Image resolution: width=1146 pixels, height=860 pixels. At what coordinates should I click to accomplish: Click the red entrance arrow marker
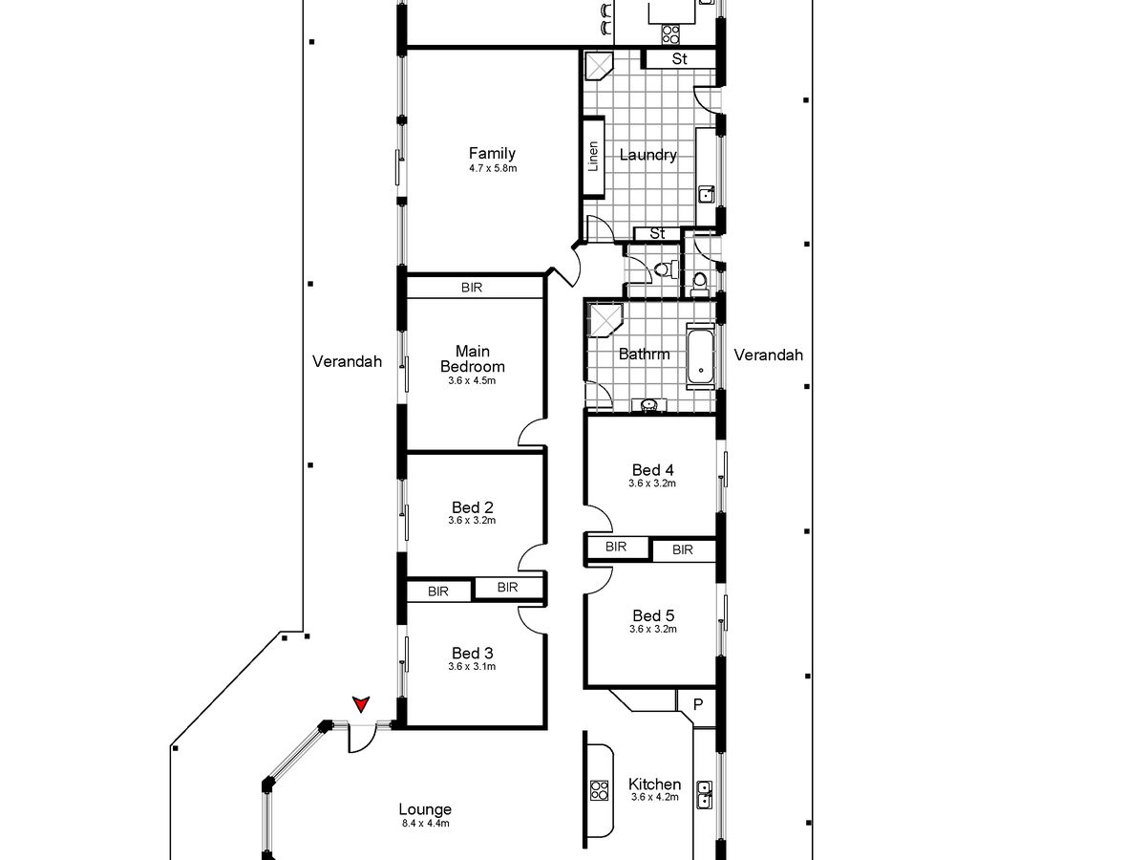(361, 704)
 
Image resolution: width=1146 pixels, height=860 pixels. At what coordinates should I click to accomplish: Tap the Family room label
(492, 153)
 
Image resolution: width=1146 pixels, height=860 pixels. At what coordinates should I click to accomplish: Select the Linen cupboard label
(593, 157)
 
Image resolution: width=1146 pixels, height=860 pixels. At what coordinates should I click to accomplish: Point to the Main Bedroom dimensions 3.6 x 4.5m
(472, 380)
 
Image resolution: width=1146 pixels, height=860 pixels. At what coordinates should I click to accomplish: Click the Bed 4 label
(652, 469)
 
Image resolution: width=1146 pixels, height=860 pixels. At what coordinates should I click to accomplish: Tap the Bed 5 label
(653, 615)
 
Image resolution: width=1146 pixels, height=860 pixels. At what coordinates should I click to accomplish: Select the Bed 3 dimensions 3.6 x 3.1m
(472, 666)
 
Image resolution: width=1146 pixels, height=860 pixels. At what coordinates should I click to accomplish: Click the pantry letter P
(698, 704)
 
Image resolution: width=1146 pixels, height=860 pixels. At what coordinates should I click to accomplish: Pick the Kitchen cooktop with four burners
(599, 790)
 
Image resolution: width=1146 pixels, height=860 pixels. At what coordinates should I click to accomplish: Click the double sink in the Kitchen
(704, 795)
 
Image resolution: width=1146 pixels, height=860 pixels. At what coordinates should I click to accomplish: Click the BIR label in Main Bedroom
(472, 288)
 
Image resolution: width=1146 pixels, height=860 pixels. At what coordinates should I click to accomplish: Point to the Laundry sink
(707, 194)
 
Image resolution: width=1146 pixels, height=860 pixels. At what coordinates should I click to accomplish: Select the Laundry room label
(647, 155)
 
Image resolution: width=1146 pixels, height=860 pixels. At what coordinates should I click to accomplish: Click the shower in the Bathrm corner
(605, 319)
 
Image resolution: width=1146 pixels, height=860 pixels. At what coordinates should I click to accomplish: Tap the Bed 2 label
(473, 507)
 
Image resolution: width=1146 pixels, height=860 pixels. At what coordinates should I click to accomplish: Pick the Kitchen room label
(655, 784)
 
